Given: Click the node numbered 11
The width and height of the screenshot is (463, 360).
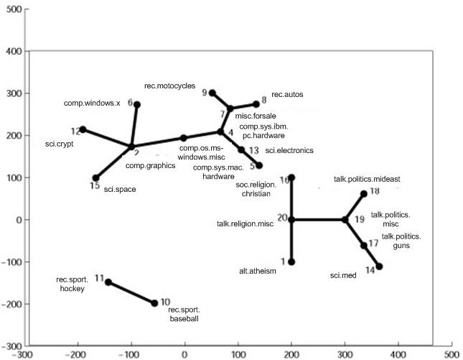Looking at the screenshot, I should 108,282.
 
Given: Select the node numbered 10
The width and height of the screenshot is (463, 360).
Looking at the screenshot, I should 155,303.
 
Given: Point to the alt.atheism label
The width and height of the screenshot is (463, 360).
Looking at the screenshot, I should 258,271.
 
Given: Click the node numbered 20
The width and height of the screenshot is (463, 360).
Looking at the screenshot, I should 291,219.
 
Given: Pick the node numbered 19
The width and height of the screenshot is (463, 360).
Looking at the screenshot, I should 345,219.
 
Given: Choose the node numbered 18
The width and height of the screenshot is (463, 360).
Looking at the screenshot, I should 364,194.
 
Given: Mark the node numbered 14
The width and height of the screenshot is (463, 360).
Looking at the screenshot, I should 379,267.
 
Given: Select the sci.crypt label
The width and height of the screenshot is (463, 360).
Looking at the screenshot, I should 60,144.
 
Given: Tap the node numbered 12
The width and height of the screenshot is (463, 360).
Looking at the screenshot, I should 83,129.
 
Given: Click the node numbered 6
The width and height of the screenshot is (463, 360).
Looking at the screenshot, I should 137,105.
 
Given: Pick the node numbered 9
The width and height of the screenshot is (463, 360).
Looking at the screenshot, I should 212,93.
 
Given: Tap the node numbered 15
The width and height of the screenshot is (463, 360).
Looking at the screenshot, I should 95,177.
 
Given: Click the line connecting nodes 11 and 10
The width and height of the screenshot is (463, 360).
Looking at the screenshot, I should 131,292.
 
